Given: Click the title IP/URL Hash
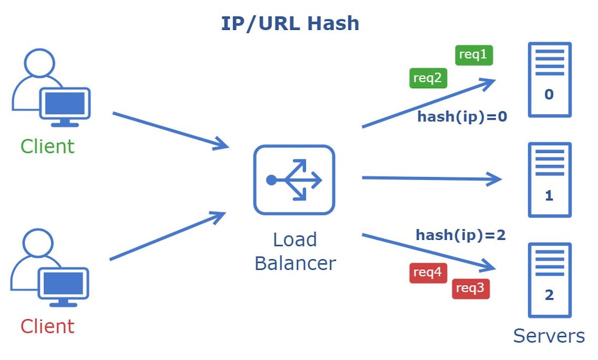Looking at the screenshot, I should (290, 23).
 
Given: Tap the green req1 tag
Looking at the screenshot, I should (473, 55).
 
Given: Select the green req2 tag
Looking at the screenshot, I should (428, 78).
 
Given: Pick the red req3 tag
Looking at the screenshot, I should (470, 289).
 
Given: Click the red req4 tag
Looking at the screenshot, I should (428, 273).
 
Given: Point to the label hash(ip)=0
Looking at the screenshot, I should (462, 117).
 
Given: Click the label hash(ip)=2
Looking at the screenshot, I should (460, 235).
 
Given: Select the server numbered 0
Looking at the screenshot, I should (549, 80).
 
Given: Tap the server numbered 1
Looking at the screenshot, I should (549, 180).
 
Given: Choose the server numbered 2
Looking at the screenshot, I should (549, 280).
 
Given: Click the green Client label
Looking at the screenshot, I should (47, 147).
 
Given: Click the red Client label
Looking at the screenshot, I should (47, 327).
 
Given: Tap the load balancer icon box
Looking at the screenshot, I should (294, 180).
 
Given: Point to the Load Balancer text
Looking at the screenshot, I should (295, 251).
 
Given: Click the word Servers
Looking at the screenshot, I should (549, 336).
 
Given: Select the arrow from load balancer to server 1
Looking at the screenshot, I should (431, 178).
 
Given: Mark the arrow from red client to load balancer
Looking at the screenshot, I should (167, 236).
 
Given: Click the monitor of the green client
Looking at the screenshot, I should (65, 103).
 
